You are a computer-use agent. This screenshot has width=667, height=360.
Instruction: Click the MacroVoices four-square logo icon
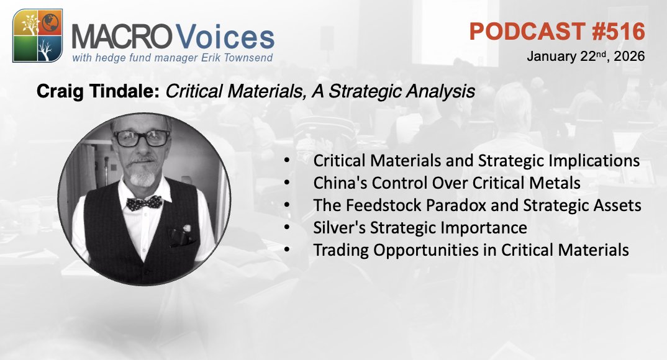coord(37,35)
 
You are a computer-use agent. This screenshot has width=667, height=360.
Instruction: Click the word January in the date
coord(549,56)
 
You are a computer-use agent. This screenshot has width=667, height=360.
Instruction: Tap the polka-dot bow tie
coord(145,202)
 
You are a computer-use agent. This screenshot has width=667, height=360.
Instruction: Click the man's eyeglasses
coord(141,138)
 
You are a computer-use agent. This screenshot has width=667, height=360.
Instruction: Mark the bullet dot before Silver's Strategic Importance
coord(286,228)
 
